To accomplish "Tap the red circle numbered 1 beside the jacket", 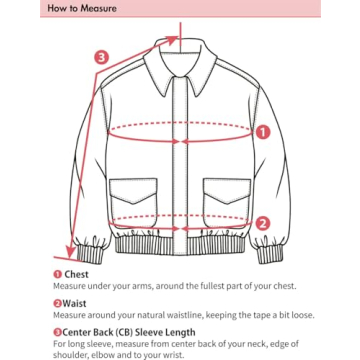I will click(263, 130).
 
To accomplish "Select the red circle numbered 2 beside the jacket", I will click(263, 224).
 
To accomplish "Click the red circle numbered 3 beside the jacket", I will click(101, 57).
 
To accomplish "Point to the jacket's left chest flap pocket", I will click(132, 200).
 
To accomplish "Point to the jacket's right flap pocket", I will click(226, 200).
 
